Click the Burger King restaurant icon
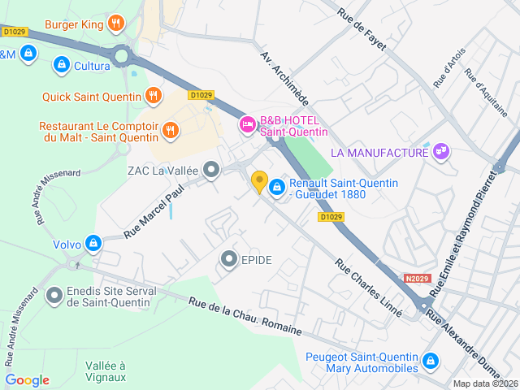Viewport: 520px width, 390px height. pyautogui.click(x=116, y=24)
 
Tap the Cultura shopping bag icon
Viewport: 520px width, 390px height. pyautogui.click(x=61, y=63)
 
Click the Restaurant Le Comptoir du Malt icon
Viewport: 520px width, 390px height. pyautogui.click(x=170, y=128)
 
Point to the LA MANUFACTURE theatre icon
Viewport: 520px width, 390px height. pyautogui.click(x=442, y=152)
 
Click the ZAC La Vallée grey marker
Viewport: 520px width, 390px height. pyautogui.click(x=212, y=171)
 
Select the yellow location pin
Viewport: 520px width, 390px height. pyautogui.click(x=259, y=182)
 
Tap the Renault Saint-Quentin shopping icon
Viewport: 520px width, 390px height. pyautogui.click(x=277, y=187)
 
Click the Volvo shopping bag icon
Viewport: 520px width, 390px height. pyautogui.click(x=94, y=243)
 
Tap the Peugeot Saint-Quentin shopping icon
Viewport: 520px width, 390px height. pyautogui.click(x=431, y=361)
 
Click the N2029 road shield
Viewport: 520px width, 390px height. pyautogui.click(x=416, y=278)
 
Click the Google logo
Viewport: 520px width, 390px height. pyautogui.click(x=27, y=380)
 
